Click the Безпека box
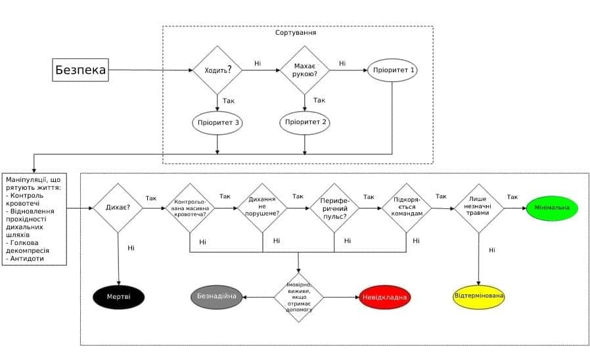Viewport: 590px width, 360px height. (x=80, y=70)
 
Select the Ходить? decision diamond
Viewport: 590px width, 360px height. (x=217, y=69)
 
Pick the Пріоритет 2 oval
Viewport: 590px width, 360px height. (x=305, y=122)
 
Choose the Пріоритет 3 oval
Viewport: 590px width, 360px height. (x=217, y=122)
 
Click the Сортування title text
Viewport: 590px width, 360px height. (x=297, y=32)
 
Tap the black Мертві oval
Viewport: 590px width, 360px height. (x=118, y=297)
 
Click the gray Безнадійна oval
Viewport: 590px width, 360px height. (x=217, y=297)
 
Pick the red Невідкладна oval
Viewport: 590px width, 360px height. (x=384, y=298)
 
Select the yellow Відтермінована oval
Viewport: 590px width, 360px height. (x=479, y=296)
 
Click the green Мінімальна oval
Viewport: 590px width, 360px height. (x=552, y=208)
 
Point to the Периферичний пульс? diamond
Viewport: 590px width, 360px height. (x=334, y=208)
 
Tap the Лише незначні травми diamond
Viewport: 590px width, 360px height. (x=479, y=208)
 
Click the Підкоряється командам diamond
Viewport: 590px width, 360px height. (x=407, y=208)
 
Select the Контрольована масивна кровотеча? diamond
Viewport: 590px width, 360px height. (x=190, y=208)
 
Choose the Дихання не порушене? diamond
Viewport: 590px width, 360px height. (x=263, y=208)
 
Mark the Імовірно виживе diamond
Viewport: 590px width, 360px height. (x=299, y=297)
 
